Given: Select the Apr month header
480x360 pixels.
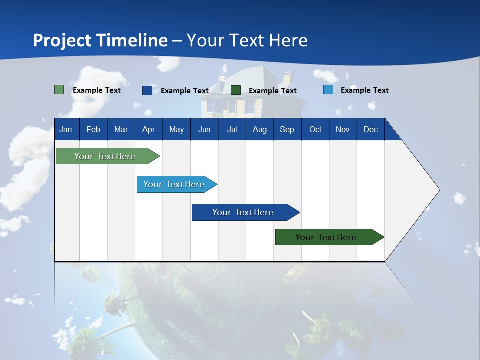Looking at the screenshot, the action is (149, 129).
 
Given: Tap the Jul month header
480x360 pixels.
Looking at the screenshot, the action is (232, 129).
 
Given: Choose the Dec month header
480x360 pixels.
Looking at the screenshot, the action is (371, 129).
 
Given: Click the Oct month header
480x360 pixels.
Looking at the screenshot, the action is (315, 129).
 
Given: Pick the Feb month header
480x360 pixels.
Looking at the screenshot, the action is (93, 129).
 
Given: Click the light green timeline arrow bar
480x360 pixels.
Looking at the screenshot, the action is (108, 156).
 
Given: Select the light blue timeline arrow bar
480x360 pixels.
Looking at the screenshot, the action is (177, 184).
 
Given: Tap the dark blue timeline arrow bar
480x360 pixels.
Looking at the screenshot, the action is (246, 212).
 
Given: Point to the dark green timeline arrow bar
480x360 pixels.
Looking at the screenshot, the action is (330, 237).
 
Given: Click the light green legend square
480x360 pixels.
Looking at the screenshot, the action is (59, 90).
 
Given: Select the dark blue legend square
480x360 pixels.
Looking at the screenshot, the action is (147, 90).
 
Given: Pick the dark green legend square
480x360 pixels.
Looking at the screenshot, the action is (235, 90).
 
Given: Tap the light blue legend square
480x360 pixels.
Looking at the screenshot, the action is (328, 90).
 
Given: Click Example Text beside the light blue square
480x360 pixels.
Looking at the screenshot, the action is (365, 90).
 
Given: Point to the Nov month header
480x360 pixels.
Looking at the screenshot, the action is (343, 129).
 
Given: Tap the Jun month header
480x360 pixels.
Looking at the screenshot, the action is (204, 129).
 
